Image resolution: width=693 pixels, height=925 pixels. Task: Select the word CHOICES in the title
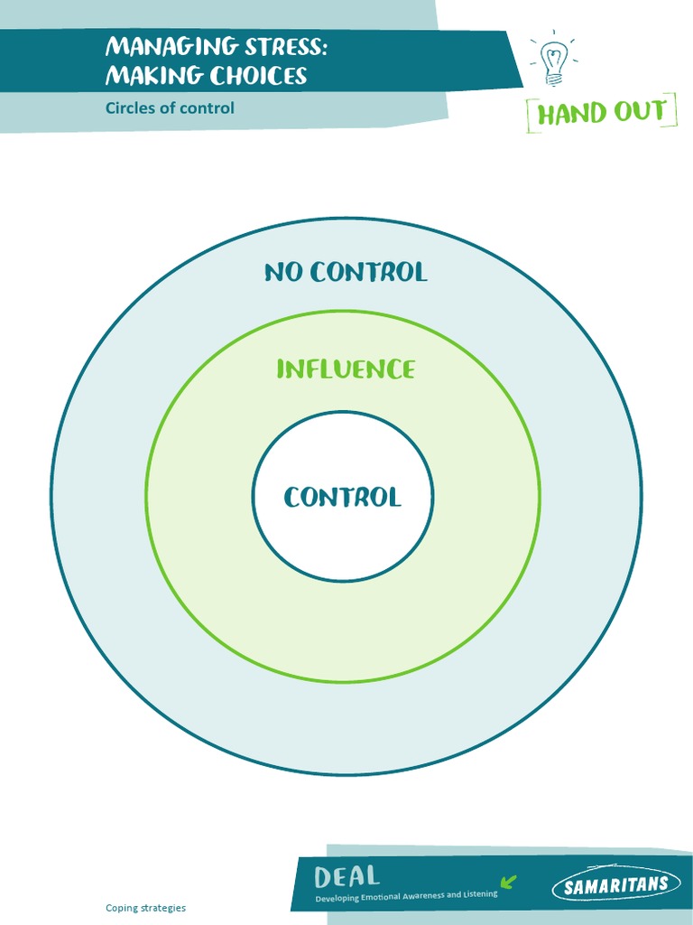click(x=259, y=75)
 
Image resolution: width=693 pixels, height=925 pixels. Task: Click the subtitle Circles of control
click(x=170, y=108)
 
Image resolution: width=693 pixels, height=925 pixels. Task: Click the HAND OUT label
click(x=601, y=113)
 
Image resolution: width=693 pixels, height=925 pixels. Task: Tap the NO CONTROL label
click(x=346, y=272)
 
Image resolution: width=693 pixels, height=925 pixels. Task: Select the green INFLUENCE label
click(x=346, y=369)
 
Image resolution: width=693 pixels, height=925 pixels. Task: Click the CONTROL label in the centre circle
click(x=343, y=497)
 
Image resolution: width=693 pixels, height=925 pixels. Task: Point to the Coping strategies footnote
click(x=145, y=908)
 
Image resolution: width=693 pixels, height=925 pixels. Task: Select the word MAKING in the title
click(x=152, y=75)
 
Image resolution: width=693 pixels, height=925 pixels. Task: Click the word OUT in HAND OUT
click(x=636, y=113)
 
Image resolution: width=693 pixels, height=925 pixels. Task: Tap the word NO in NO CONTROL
click(x=282, y=272)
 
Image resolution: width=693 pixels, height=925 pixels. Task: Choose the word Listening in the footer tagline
click(x=478, y=895)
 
